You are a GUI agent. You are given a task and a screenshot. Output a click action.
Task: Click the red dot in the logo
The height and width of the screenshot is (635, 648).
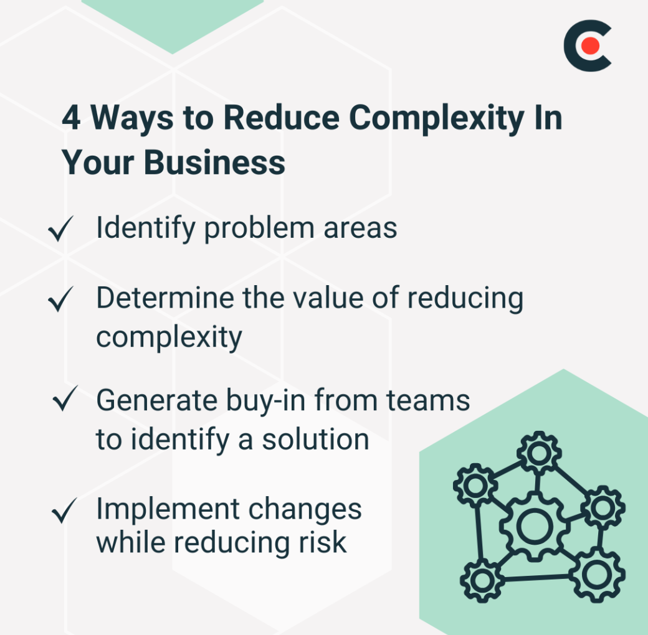[x=590, y=46]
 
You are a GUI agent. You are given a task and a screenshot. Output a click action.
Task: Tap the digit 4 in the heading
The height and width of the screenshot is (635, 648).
[x=71, y=118]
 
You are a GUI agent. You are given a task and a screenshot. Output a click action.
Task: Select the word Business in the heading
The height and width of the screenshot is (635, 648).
[x=215, y=162]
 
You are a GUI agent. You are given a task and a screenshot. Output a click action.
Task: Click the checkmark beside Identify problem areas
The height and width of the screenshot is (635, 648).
[x=61, y=230]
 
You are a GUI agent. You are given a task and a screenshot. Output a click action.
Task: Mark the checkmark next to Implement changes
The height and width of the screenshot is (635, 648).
[x=65, y=511]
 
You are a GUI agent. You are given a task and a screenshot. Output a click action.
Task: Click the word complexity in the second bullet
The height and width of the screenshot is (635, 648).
[x=169, y=337]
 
